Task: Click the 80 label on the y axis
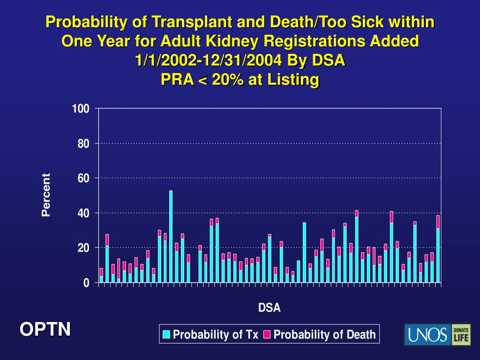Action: pyautogui.click(x=82, y=143)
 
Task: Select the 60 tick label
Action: pyautogui.click(x=82, y=178)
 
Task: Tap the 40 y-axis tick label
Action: pyautogui.click(x=82, y=213)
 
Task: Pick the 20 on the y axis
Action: pyautogui.click(x=82, y=248)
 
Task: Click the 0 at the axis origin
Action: pyautogui.click(x=86, y=283)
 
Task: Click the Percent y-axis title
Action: pyautogui.click(x=45, y=195)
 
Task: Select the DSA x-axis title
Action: pyautogui.click(x=269, y=308)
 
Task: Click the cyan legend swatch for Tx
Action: pyautogui.click(x=166, y=334)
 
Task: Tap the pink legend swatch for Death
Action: pyautogui.click(x=267, y=334)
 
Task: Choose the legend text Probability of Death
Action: pyautogui.click(x=324, y=334)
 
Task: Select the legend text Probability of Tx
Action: pyautogui.click(x=216, y=334)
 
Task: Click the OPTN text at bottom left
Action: pyautogui.click(x=45, y=330)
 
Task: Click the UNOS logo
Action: pyautogui.click(x=427, y=335)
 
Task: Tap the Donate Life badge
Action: pyautogui.click(x=461, y=335)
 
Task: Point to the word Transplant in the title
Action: pyautogui.click(x=179, y=22)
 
